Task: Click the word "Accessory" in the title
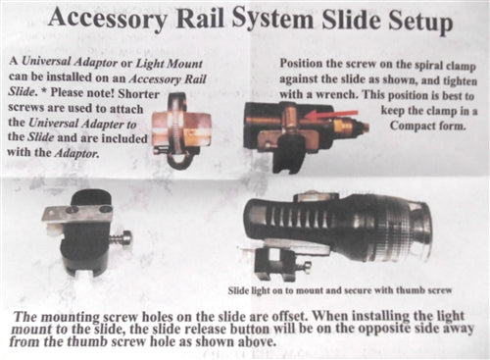108,19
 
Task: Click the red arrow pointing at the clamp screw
330,114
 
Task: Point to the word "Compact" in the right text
413,126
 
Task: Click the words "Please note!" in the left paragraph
82,93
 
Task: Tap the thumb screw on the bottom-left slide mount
121,238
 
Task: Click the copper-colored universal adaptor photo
180,130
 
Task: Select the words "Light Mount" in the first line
170,63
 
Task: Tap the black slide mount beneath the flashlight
278,263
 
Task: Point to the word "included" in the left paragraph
123,138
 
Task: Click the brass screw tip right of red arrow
360,126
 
